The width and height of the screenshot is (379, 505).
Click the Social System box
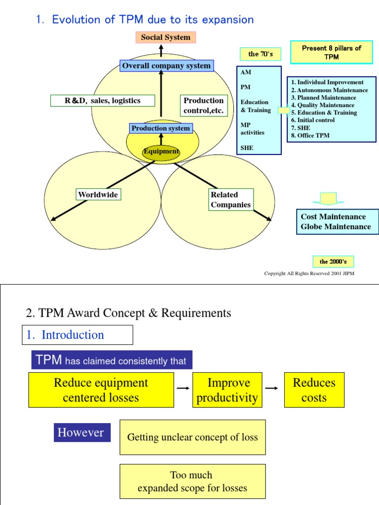pyautogui.click(x=165, y=37)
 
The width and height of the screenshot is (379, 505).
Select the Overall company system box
pyautogui.click(x=166, y=66)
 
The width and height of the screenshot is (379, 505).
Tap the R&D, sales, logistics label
pyautogui.click(x=103, y=101)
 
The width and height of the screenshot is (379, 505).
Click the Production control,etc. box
pyautogui.click(x=204, y=106)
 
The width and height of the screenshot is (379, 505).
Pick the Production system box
pyautogui.click(x=160, y=128)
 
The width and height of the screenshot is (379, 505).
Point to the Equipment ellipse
pyautogui.click(x=161, y=152)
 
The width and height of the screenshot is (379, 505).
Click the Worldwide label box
pyautogui.click(x=98, y=195)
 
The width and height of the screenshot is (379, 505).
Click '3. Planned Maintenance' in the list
pyautogui.click(x=323, y=98)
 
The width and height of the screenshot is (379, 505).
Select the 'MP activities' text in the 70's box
pyautogui.click(x=252, y=129)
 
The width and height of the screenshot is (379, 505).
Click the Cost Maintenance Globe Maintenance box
pyautogui.click(x=338, y=222)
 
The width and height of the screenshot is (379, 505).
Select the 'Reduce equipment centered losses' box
pyautogui.click(x=101, y=390)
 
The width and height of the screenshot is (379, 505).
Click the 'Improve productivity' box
pyautogui.click(x=227, y=390)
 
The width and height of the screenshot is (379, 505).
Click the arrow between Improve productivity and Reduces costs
pyautogui.click(x=271, y=389)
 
